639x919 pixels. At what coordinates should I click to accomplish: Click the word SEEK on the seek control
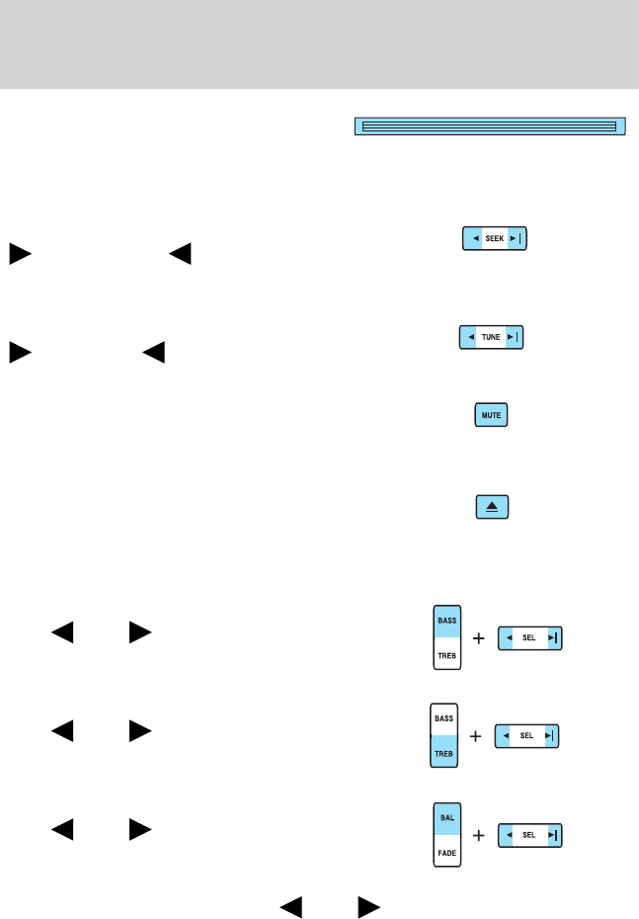pyautogui.click(x=495, y=239)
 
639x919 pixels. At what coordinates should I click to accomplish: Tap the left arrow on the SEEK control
pyautogui.click(x=474, y=239)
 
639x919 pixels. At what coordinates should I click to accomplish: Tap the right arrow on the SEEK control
pyautogui.click(x=516, y=239)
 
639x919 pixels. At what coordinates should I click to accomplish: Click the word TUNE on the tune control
pyautogui.click(x=491, y=338)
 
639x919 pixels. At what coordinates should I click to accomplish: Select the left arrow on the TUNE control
pyautogui.click(x=470, y=338)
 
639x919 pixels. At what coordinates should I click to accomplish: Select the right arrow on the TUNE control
pyautogui.click(x=513, y=338)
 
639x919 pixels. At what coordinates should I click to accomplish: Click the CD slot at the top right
pyautogui.click(x=489, y=126)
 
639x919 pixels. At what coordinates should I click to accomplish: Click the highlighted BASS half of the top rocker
pyautogui.click(x=447, y=621)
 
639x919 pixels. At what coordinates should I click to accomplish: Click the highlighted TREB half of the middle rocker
pyautogui.click(x=443, y=753)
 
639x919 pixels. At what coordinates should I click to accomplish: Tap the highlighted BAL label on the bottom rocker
pyautogui.click(x=447, y=819)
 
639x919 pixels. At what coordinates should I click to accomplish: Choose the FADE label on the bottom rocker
pyautogui.click(x=447, y=850)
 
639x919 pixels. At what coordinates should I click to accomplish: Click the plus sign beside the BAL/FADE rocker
pyautogui.click(x=479, y=836)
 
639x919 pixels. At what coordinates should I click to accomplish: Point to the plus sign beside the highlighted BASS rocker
pyautogui.click(x=479, y=639)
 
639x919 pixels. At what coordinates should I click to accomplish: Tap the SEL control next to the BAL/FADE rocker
pyautogui.click(x=529, y=835)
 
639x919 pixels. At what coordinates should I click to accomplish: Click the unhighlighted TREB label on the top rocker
pyautogui.click(x=447, y=653)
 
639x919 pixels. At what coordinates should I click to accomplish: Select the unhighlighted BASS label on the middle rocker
pyautogui.click(x=443, y=719)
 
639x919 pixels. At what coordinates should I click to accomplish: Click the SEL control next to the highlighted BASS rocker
pyautogui.click(x=529, y=638)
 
